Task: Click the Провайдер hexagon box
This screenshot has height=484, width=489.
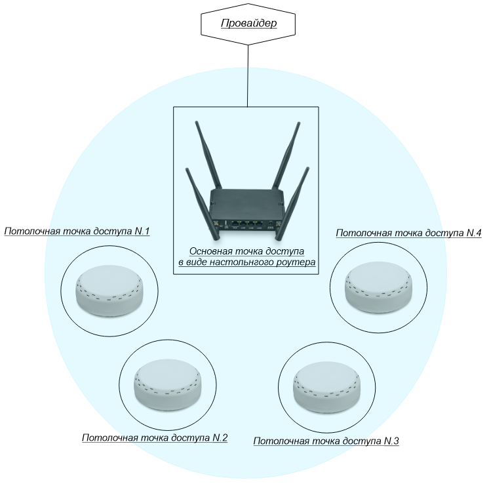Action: click(x=248, y=24)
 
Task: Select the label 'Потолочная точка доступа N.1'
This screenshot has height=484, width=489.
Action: click(x=77, y=232)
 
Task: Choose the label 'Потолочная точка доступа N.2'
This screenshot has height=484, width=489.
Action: click(x=155, y=438)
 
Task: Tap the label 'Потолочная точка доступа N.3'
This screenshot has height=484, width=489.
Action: click(x=326, y=441)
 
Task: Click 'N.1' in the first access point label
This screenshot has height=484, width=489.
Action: click(x=142, y=232)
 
